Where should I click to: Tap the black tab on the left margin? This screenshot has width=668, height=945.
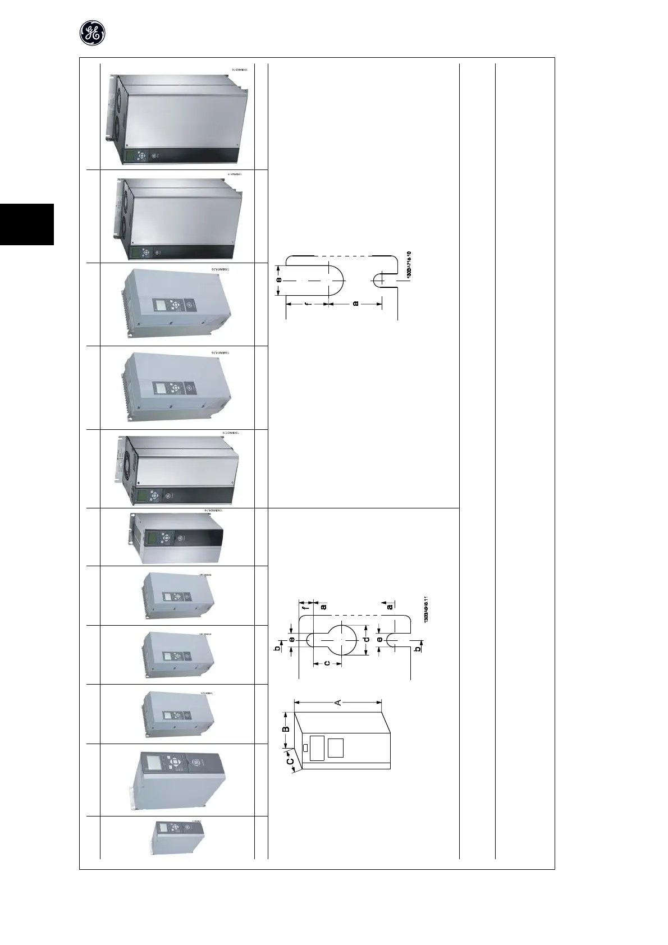tap(26, 224)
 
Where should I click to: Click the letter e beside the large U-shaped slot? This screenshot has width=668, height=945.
tap(278, 280)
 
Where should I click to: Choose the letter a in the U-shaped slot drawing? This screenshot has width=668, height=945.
tap(355, 304)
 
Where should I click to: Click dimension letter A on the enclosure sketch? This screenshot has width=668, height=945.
tap(338, 701)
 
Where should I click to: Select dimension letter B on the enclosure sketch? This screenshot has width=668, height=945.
tap(285, 729)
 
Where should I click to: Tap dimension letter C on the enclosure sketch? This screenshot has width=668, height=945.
tap(290, 761)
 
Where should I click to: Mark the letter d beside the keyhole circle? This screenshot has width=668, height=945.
tap(365, 639)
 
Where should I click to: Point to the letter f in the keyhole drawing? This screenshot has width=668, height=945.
tap(306, 606)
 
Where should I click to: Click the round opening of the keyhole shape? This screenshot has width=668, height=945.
tap(342, 639)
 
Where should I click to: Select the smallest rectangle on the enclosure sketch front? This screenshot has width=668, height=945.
tap(305, 748)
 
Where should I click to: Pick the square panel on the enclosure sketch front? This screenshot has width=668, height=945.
tap(335, 747)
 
